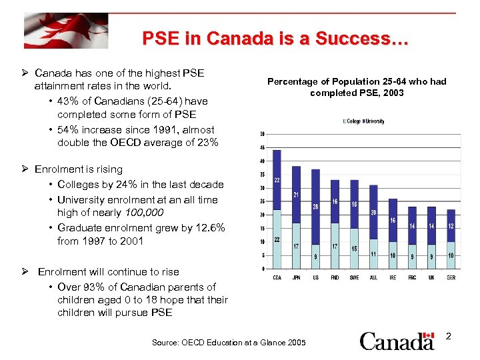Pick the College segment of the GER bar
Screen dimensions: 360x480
point(451,255)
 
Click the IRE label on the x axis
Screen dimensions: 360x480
point(393,277)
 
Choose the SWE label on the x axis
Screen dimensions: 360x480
point(354,277)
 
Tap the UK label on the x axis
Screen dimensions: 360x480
point(431,277)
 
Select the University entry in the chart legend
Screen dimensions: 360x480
point(374,121)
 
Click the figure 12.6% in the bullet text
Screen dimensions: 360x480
point(209,227)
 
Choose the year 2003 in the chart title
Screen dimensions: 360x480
point(392,93)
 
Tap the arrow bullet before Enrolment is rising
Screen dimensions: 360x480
point(26,170)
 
